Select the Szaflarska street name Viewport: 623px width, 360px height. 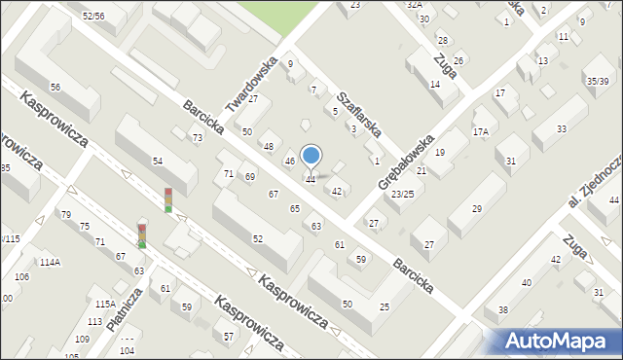[356, 113]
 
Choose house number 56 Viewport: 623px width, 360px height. [55, 88]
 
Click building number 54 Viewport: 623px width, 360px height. [158, 160]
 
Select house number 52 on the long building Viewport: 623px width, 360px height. [257, 238]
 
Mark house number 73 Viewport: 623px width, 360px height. [197, 138]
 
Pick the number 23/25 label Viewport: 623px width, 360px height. [403, 195]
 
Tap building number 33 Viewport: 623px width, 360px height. [562, 128]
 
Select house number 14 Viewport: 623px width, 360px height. [435, 85]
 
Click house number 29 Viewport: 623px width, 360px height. [477, 208]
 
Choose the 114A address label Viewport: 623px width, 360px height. [50, 262]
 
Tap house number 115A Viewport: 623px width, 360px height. [104, 304]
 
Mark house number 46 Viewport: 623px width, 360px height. [289, 161]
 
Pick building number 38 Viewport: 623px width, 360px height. [502, 310]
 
